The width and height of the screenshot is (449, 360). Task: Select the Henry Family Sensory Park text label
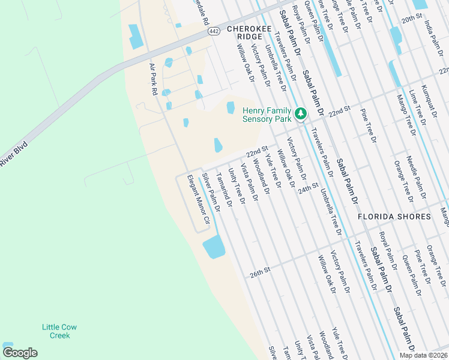click(x=267, y=115)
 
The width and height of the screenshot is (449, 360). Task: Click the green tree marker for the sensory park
click(x=301, y=113)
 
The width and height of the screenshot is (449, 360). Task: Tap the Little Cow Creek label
click(x=59, y=331)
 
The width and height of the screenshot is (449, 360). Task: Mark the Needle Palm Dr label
click(x=418, y=179)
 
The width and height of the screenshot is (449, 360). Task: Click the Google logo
click(x=20, y=353)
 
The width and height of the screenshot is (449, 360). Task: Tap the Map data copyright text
click(x=422, y=355)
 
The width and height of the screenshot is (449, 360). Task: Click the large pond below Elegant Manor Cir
click(x=214, y=247)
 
